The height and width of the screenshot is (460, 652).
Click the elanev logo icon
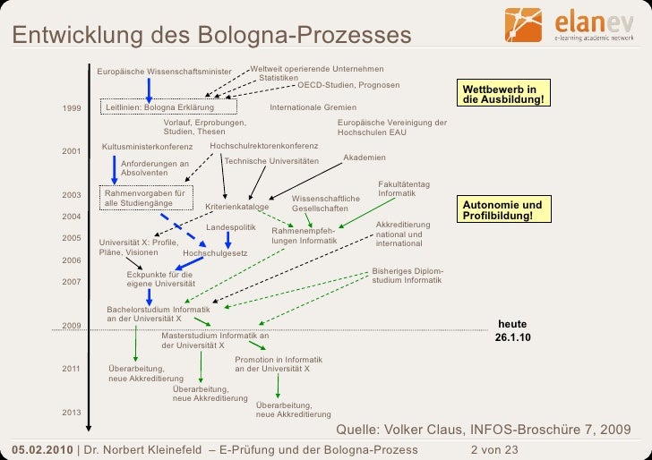[x=524, y=26]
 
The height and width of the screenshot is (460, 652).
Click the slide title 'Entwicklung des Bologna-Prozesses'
[x=211, y=36]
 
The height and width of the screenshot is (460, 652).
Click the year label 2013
[x=72, y=413]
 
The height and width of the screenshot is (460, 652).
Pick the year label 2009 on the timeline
[x=72, y=325]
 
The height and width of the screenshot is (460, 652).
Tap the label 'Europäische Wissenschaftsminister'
[x=164, y=72]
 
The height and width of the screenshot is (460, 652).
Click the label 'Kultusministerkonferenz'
[x=148, y=145]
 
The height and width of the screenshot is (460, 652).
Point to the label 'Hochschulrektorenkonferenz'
[x=264, y=145]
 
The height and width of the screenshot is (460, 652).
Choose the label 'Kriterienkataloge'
[x=237, y=207]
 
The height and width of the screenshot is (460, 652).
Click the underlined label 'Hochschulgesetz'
[x=215, y=253]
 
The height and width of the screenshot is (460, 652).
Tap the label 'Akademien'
[x=365, y=158]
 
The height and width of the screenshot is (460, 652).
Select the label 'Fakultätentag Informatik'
[x=404, y=188]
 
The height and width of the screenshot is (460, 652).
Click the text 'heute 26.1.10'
[x=513, y=330]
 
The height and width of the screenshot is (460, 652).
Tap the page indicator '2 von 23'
[x=494, y=449]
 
